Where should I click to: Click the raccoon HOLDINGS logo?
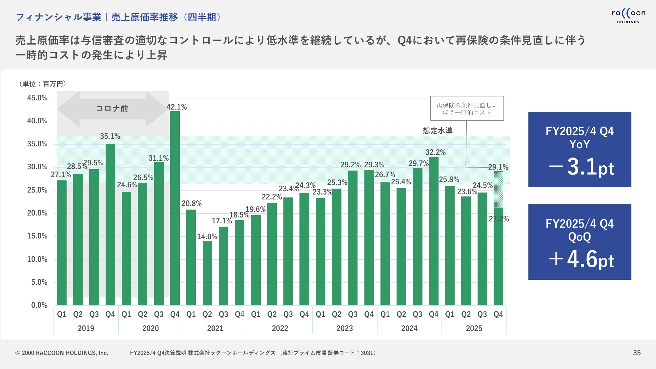tap(628, 16)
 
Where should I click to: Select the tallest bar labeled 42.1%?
tap(175, 208)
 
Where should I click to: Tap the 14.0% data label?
tap(207, 236)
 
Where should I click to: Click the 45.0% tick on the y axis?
tap(37, 98)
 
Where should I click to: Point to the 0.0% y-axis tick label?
tap(39, 305)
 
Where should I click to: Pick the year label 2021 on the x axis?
tap(215, 328)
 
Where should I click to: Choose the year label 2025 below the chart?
tap(474, 328)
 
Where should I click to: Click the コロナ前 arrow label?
tap(112, 109)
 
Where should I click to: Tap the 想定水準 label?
tap(438, 131)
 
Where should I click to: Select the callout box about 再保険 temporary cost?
tap(467, 109)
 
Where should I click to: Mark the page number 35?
tap(637, 353)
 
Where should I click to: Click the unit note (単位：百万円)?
tap(43, 84)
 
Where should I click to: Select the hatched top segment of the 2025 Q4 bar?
tap(498, 190)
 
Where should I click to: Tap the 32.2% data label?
tap(435, 152)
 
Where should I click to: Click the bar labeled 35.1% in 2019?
tap(110, 225)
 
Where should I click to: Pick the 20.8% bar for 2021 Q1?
tap(191, 257)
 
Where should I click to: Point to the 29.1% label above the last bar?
tap(498, 167)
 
